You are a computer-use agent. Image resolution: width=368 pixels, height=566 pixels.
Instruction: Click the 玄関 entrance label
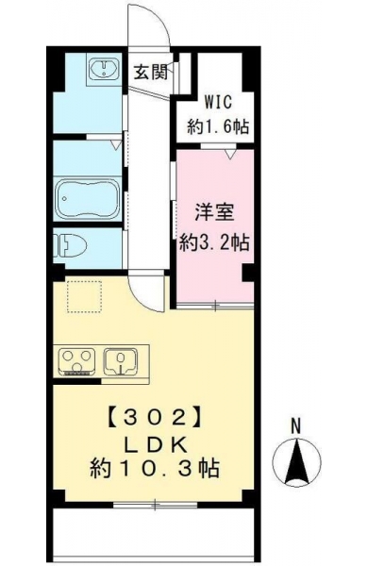tap(151, 73)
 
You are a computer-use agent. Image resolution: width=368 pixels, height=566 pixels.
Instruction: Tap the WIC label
tap(219, 102)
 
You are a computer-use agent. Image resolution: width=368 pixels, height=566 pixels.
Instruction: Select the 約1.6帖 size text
tap(218, 126)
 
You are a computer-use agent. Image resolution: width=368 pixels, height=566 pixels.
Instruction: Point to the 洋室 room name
tap(214, 212)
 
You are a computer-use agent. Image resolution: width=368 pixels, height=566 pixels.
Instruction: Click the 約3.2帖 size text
tap(214, 242)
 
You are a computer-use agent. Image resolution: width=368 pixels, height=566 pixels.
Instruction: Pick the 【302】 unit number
tap(154, 418)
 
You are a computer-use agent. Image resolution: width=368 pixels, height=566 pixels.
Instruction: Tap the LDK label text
tap(156, 445)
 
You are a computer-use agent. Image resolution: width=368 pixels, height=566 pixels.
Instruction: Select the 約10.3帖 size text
tap(154, 469)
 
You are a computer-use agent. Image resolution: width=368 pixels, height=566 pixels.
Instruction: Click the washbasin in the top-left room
tap(104, 69)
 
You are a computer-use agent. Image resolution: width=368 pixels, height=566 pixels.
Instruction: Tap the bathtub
tap(87, 199)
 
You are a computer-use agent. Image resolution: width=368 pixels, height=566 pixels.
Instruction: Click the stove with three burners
tap(77, 362)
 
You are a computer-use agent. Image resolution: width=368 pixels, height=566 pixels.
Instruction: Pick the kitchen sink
tap(121, 361)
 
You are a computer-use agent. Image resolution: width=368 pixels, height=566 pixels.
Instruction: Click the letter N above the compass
tap(296, 426)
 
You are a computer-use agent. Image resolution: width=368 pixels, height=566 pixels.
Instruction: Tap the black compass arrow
tap(296, 462)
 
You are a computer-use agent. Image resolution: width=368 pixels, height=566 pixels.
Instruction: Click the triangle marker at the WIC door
tap(230, 154)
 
